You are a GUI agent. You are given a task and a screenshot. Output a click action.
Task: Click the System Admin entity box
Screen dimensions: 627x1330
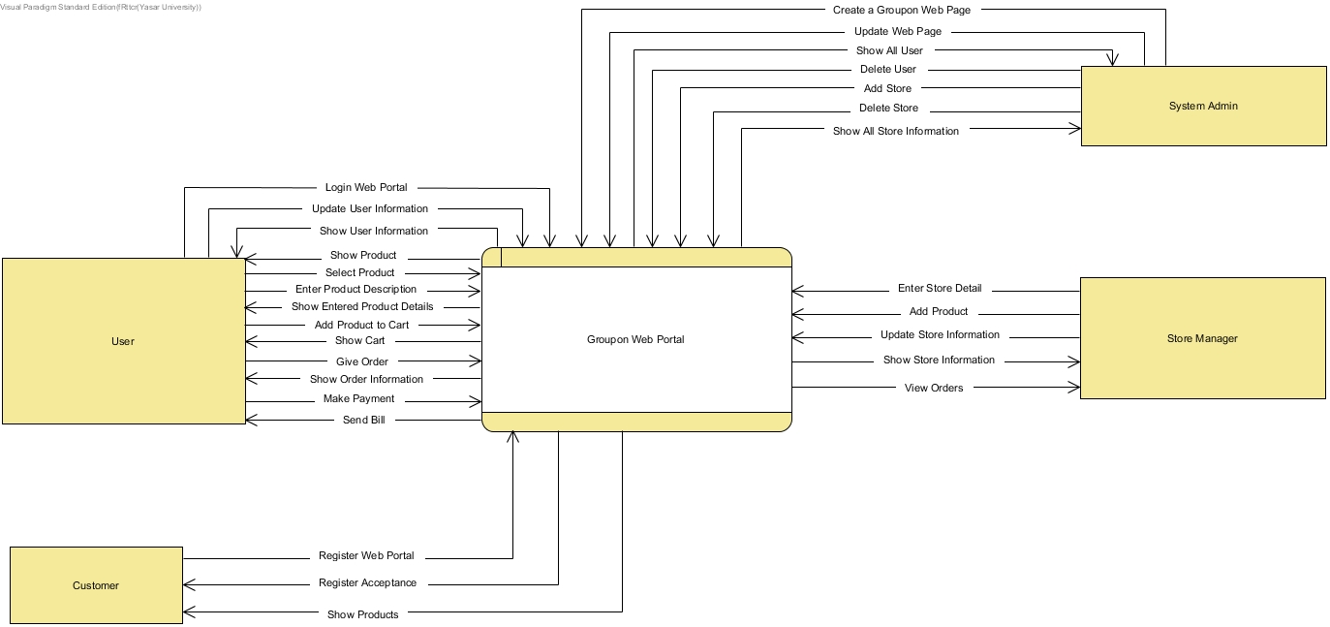pyautogui.click(x=1203, y=106)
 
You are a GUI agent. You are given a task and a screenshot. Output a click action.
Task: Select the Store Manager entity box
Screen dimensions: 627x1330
pyautogui.click(x=1202, y=338)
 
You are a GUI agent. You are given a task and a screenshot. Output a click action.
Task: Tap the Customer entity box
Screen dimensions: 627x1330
pyautogui.click(x=96, y=585)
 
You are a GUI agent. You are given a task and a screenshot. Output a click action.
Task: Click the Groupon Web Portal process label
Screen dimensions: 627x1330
pyautogui.click(x=635, y=339)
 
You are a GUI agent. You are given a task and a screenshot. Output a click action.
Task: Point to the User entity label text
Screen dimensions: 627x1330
pyautogui.click(x=123, y=341)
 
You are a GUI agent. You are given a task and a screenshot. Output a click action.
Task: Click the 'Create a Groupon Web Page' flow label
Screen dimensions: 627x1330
pyautogui.click(x=901, y=10)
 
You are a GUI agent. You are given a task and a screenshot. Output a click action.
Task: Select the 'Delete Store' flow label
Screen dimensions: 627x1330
pyautogui.click(x=888, y=108)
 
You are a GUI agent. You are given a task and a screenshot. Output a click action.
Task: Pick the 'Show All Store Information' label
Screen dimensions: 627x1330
pyautogui.click(x=895, y=131)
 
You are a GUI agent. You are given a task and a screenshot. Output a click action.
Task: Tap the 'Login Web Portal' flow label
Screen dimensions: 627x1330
pyautogui.click(x=366, y=187)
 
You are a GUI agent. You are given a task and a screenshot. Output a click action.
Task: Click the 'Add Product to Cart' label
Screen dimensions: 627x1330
pyautogui.click(x=361, y=325)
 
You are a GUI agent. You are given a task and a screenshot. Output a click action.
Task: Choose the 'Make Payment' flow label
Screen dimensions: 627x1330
pyautogui.click(x=358, y=398)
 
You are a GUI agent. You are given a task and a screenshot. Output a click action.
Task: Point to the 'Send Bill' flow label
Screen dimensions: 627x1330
pyautogui.click(x=363, y=420)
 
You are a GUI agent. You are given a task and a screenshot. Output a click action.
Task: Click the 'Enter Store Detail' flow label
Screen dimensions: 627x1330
pyautogui.click(x=939, y=288)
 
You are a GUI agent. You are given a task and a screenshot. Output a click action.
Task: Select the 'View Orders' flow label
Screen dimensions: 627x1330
pyautogui.click(x=934, y=388)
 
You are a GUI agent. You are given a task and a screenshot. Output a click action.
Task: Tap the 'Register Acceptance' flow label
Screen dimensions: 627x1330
pyautogui.click(x=367, y=582)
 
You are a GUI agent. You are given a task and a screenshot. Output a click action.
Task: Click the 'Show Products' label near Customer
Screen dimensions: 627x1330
pyautogui.click(x=362, y=614)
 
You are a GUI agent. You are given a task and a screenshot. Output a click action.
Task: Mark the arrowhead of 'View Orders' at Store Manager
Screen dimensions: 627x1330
pyautogui.click(x=1075, y=388)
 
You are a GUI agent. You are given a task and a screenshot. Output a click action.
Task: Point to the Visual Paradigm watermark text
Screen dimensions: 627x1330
pyautogui.click(x=101, y=7)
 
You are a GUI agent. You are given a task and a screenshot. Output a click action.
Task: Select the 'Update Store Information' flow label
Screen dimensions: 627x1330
pyautogui.click(x=940, y=334)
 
